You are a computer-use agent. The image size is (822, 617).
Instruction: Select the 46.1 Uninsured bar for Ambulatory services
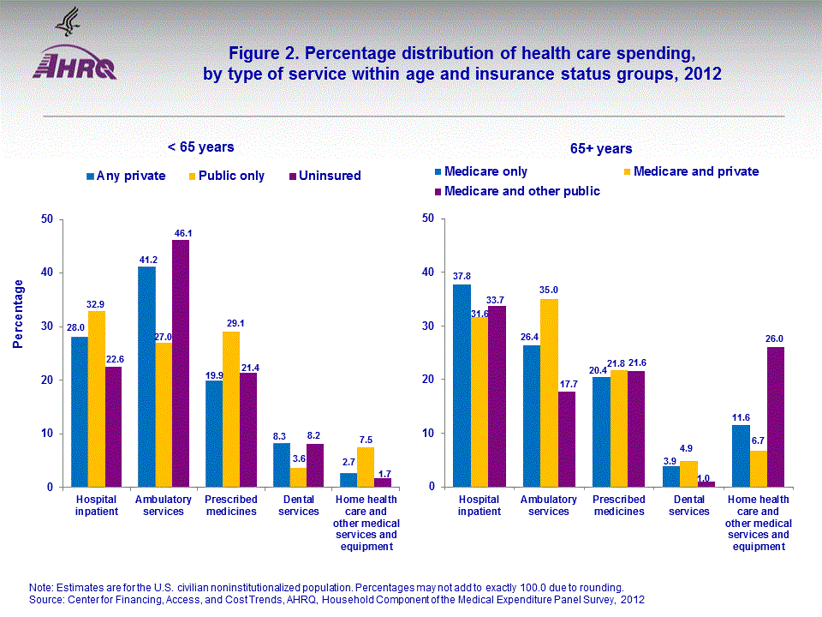click(x=181, y=363)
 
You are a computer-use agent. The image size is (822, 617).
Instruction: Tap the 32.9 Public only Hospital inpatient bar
click(x=97, y=398)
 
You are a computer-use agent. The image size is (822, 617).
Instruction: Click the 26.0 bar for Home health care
click(x=775, y=416)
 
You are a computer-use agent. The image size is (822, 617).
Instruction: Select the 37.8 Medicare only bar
click(x=462, y=386)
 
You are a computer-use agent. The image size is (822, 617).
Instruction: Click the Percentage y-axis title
click(x=19, y=314)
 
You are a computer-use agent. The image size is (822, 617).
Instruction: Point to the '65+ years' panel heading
click(x=601, y=149)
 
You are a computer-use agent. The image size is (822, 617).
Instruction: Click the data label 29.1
click(x=231, y=324)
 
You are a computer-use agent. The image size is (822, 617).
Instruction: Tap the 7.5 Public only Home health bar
click(x=366, y=467)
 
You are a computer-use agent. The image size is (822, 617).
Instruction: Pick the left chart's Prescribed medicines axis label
click(x=231, y=506)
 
